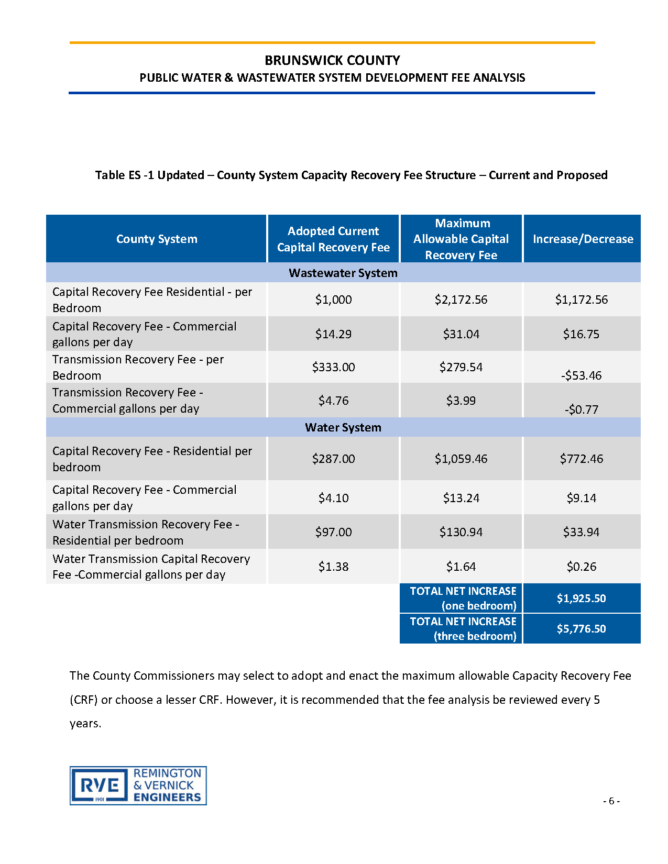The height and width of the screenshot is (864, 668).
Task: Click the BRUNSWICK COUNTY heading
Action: [x=332, y=60]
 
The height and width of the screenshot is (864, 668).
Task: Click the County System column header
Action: [x=157, y=239]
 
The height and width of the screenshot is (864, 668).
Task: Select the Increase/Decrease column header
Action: [x=583, y=239]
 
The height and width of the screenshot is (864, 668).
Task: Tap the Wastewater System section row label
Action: [x=343, y=273]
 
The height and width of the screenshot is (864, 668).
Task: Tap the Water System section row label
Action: [x=343, y=427]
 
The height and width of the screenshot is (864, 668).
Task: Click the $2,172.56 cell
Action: [x=461, y=300]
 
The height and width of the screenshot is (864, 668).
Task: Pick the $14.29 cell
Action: [x=333, y=334]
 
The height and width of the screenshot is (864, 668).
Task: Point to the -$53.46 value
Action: [x=581, y=375]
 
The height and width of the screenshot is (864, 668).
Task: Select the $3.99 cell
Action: [x=461, y=401]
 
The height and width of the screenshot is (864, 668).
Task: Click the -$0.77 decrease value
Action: [x=581, y=409]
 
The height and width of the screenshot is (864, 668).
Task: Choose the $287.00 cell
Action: [x=333, y=459]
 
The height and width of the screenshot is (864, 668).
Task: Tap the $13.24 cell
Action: [x=461, y=498]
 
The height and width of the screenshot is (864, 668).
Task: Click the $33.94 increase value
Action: [x=581, y=532]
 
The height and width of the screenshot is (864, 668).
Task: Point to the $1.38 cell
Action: [x=333, y=567]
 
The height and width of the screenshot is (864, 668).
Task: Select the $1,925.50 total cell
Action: [x=581, y=599]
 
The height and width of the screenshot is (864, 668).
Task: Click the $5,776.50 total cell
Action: [x=581, y=629]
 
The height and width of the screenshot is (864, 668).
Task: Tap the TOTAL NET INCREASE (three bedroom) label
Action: [x=463, y=628]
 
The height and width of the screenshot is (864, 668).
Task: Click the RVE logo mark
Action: [x=100, y=785]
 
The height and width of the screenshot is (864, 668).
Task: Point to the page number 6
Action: [x=611, y=801]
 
